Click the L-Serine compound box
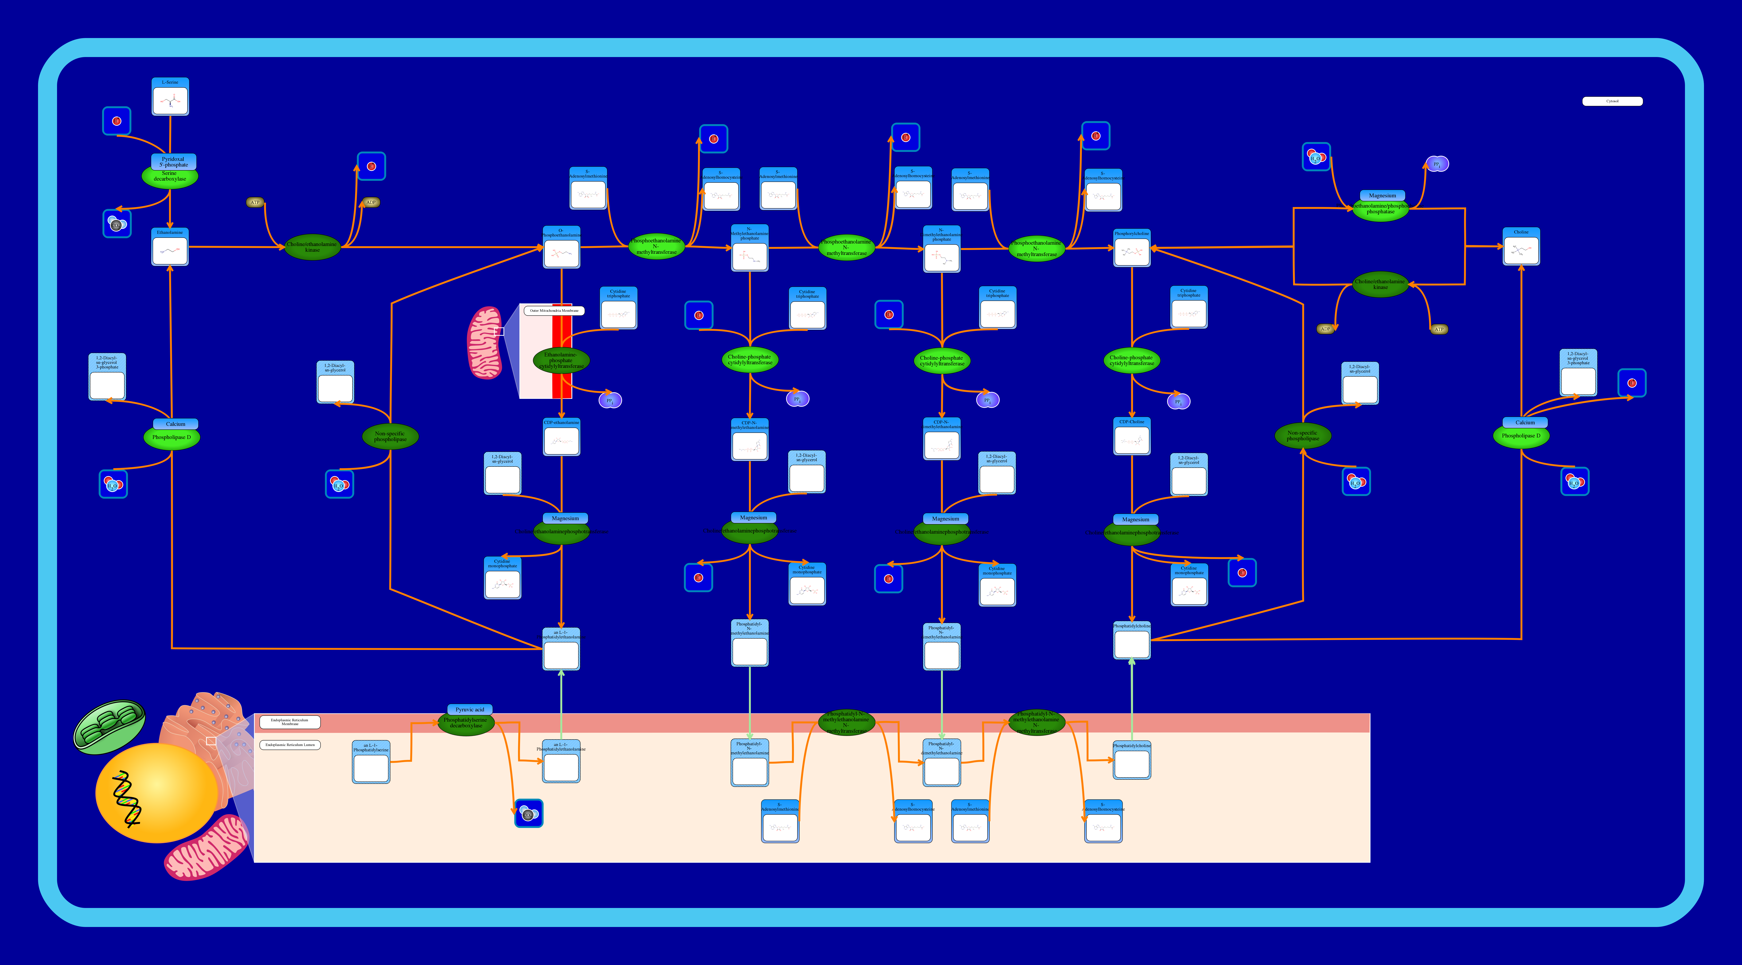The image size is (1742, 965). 170,97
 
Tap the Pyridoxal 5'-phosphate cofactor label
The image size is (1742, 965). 173,162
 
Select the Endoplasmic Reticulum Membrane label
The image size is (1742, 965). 289,721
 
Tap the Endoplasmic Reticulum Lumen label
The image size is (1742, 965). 289,744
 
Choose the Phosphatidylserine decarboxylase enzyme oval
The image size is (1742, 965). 466,723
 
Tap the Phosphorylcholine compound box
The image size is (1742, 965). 1131,248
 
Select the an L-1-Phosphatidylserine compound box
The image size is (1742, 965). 371,762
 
